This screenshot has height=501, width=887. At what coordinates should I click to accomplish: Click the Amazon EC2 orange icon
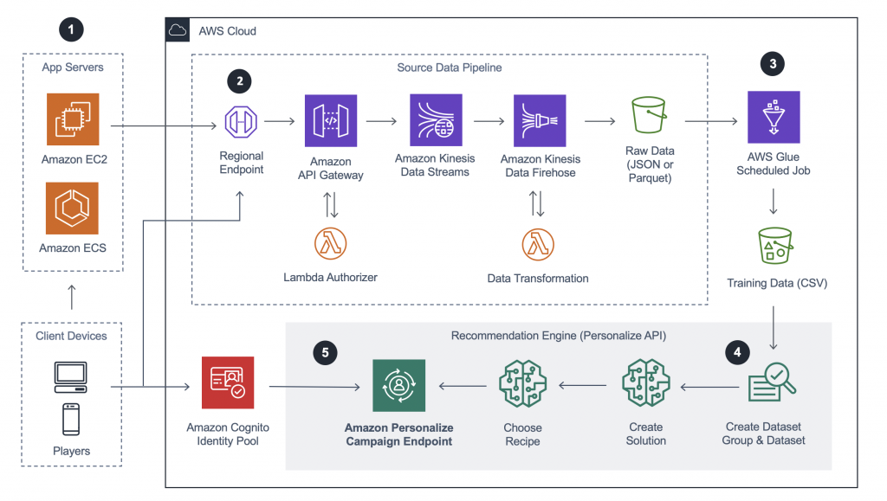point(72,120)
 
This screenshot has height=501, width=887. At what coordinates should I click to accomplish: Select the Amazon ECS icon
point(72,209)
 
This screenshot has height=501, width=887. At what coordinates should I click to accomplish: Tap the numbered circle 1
point(72,29)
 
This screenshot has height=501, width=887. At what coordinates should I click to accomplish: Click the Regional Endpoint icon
point(242,121)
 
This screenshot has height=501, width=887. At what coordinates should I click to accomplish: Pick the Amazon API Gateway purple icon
point(330,120)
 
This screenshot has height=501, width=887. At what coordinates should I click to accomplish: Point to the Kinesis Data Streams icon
point(436,120)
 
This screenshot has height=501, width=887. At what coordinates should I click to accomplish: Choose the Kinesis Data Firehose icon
point(540,120)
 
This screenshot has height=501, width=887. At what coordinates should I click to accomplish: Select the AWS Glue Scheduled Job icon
point(774,117)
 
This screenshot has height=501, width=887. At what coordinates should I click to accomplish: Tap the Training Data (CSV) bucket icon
point(774,246)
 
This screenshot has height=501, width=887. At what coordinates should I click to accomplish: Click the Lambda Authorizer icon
point(330,244)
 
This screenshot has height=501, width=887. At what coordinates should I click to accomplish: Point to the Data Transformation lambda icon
point(538,244)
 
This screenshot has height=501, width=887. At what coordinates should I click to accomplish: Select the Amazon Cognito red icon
point(226,382)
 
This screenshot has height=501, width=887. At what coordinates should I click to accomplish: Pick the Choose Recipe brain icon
point(522,383)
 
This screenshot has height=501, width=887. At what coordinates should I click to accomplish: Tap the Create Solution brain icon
point(645,383)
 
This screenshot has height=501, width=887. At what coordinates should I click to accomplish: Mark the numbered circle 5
point(325,352)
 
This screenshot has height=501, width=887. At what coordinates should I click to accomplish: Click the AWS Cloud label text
point(228,31)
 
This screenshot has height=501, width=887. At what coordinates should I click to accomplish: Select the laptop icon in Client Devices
point(71,374)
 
